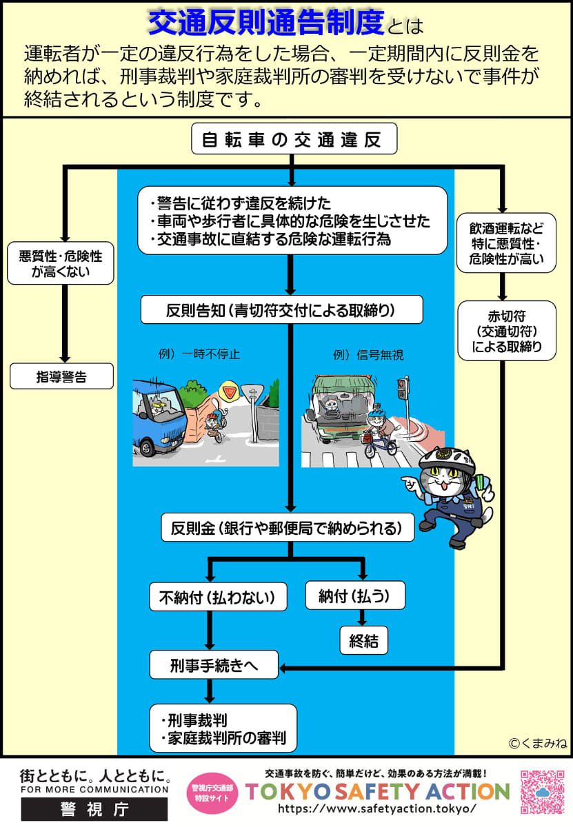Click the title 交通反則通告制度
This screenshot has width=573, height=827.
(266, 23)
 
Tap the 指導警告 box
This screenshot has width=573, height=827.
(61, 376)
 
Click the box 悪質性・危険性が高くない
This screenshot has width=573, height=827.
(61, 265)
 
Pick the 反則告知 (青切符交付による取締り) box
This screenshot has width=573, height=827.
(281, 310)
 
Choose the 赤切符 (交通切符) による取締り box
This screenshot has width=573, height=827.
(507, 330)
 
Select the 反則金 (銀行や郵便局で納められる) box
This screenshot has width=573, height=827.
(288, 528)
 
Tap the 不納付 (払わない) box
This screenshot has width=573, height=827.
(218, 597)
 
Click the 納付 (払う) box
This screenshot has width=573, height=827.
(354, 596)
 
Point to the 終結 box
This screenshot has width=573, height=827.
(363, 640)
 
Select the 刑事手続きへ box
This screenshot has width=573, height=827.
(214, 665)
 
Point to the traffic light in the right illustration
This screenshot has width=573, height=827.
(402, 390)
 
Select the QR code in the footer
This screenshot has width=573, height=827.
(541, 791)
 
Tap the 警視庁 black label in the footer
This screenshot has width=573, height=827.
(94, 808)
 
